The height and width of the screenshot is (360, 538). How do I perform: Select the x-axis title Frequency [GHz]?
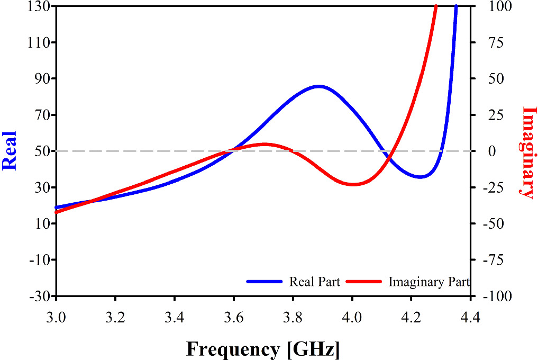point(263,349)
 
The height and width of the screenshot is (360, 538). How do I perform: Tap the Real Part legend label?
point(314,282)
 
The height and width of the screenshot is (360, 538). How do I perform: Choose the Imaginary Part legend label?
point(428,282)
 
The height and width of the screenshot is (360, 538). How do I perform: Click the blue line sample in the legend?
point(265,282)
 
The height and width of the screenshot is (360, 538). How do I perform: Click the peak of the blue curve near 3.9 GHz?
point(318,86)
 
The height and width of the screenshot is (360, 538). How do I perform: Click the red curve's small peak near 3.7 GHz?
point(265,144)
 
